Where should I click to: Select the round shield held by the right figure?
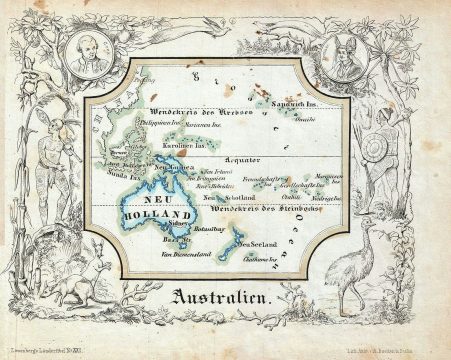(376, 150)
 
